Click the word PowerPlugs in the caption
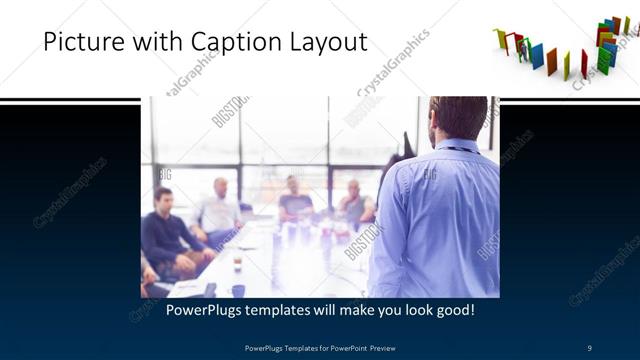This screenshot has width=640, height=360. pyautogui.click(x=204, y=310)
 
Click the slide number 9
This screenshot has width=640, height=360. pyautogui.click(x=590, y=348)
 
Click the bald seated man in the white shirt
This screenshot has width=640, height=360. pyautogui.click(x=219, y=210)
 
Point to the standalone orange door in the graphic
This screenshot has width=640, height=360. pyautogui.click(x=551, y=61)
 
